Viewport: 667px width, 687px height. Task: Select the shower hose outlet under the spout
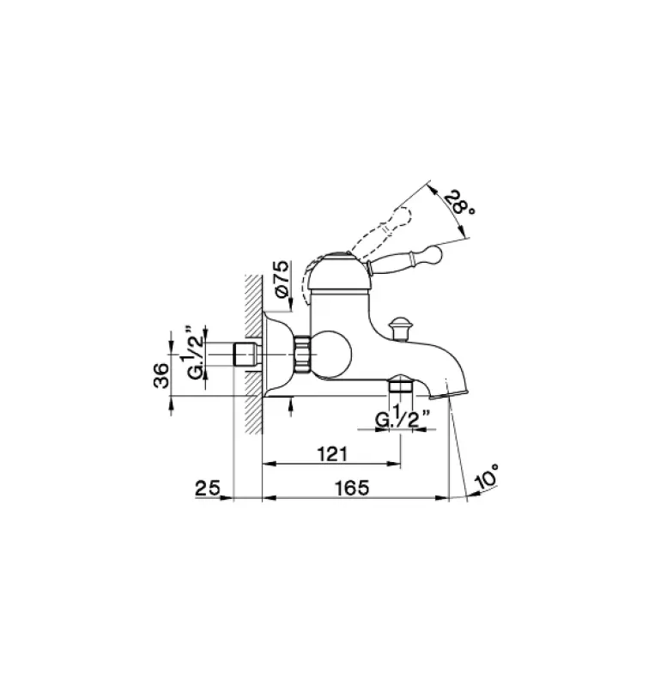[x=400, y=386]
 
